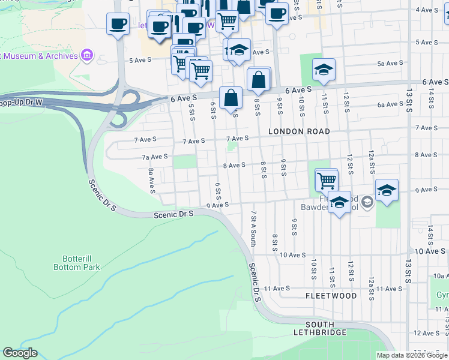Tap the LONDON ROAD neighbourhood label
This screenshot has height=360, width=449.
(299, 131)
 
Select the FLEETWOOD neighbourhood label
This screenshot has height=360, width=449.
(331, 296)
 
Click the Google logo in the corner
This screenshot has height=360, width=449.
(20, 353)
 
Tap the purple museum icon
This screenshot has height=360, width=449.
(88, 56)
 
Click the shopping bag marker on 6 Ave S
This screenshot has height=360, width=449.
(231, 97)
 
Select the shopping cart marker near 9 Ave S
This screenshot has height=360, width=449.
(327, 179)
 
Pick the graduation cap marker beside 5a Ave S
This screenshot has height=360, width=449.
(324, 70)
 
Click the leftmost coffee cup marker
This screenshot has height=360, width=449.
(117, 24)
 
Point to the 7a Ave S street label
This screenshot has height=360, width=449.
(154, 157)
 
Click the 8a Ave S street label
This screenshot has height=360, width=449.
(152, 181)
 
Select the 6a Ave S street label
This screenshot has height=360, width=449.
(390, 104)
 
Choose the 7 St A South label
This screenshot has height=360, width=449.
(254, 228)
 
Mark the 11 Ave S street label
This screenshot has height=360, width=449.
(286, 289)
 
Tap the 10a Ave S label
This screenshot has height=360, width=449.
(439, 275)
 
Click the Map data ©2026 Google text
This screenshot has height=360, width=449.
(412, 355)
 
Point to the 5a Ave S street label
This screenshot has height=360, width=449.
(390, 64)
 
